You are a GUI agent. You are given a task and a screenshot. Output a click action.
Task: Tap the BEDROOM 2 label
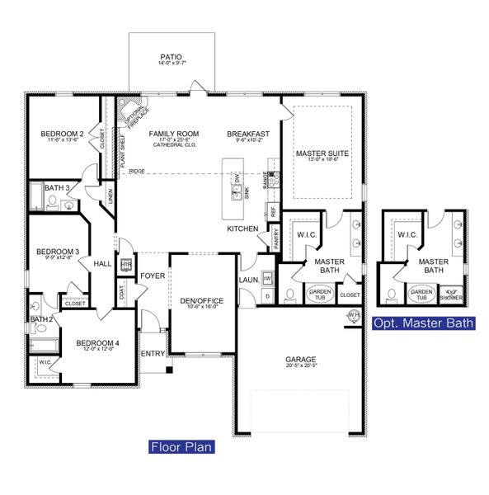coord(63,134)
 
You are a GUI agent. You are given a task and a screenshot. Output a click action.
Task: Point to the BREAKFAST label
coord(248,134)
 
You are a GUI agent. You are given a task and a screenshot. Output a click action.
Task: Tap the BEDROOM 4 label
coord(98,342)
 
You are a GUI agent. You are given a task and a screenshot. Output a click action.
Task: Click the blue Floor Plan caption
coord(181,447)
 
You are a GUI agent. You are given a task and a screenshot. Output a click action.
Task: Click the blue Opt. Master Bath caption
coord(424,323)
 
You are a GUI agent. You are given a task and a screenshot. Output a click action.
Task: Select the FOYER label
coord(153,276)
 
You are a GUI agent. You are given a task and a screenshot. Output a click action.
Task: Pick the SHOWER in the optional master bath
coord(451,292)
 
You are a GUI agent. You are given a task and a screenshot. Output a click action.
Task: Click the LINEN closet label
coord(109,197)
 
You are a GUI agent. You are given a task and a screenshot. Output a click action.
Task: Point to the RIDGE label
coord(137,172)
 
